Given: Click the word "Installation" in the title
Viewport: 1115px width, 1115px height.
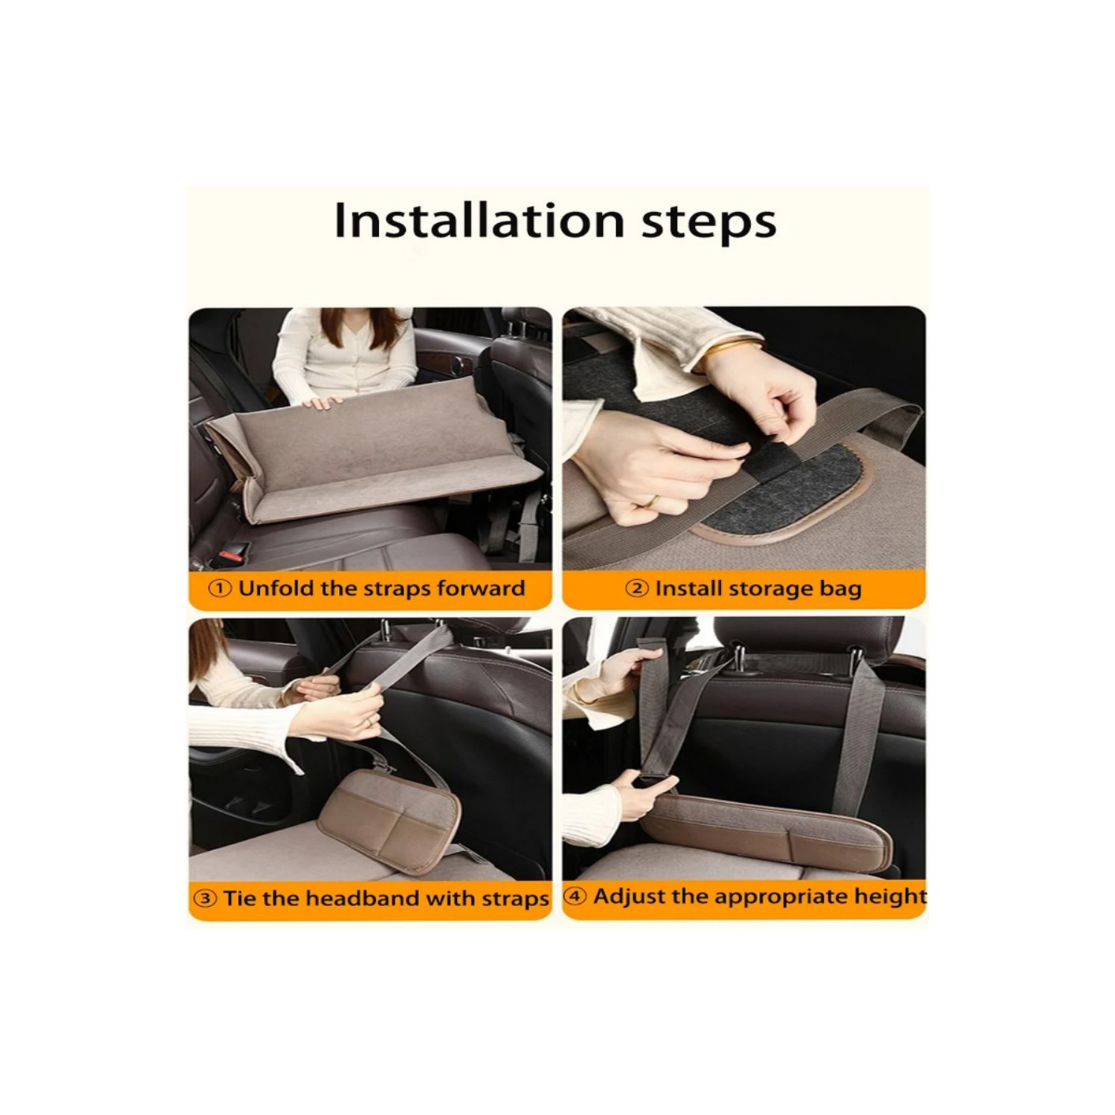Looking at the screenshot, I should (x=479, y=221).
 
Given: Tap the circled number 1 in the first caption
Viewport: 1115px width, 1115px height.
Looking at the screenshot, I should (x=219, y=589).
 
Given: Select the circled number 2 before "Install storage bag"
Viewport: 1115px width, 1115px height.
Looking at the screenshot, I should (x=636, y=589).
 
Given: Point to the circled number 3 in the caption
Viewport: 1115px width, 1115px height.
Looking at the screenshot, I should (x=205, y=898).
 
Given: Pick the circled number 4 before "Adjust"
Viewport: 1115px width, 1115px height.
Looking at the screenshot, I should (x=575, y=896).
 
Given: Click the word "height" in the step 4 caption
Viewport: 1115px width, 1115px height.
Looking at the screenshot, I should (x=890, y=896).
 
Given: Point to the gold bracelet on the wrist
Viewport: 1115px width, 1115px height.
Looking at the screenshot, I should (x=733, y=348).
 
